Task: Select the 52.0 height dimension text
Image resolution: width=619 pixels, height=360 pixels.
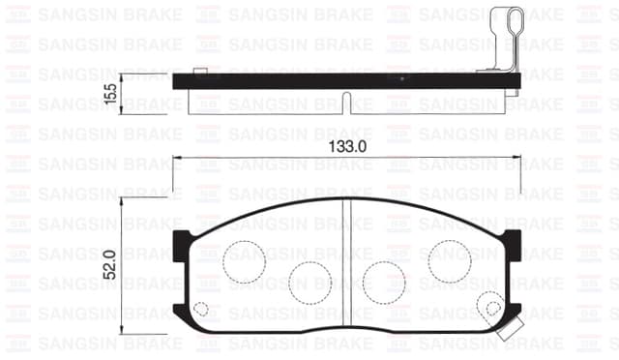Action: (x=110, y=263)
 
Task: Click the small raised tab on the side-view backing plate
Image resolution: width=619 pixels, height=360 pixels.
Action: (x=199, y=71)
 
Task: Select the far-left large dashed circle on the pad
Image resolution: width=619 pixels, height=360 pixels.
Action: (x=244, y=256)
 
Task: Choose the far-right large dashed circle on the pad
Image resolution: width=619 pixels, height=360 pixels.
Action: (x=450, y=255)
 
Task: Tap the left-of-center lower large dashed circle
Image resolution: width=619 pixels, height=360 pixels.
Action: (x=309, y=280)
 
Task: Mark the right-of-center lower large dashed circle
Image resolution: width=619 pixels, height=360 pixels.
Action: (x=383, y=280)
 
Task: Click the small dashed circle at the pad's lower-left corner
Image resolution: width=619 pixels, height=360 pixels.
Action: (x=200, y=310)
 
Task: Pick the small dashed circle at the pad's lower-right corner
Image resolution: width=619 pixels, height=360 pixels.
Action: (x=493, y=310)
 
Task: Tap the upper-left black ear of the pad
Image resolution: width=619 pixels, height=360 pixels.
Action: (x=180, y=244)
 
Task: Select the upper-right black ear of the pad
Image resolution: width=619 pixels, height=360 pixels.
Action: (x=514, y=244)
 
